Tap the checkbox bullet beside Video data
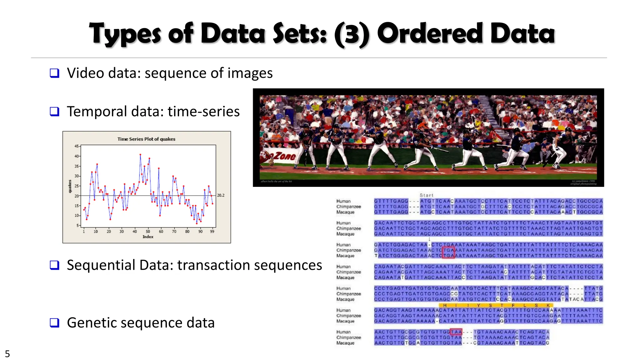pos(55,73)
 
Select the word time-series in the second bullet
pos(203,112)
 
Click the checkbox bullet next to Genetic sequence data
pos(55,322)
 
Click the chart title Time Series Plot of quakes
pos(146,139)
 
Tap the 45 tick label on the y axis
pos(77,146)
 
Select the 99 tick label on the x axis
pos(212,232)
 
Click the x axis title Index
pos(148,237)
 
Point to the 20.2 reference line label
pos(221,195)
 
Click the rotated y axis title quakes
pos(70,186)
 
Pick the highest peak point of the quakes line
pos(140,154)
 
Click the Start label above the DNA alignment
pos(427,195)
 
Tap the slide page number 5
pos(7,354)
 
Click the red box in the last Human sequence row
pos(456,332)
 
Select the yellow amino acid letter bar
pos(496,305)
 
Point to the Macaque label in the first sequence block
pos(345,212)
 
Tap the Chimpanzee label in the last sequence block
pos(348,337)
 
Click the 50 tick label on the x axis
pos(148,232)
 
